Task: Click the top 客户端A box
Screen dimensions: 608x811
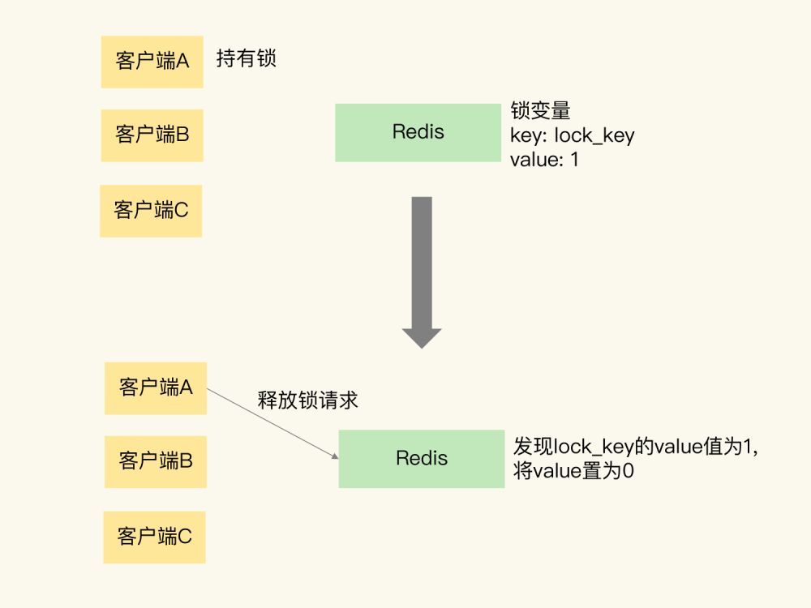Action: point(152,62)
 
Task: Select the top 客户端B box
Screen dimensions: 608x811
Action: point(152,135)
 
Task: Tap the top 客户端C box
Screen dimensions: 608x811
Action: point(151,211)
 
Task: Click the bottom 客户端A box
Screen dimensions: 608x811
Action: point(156,387)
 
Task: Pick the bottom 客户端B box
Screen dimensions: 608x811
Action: point(156,462)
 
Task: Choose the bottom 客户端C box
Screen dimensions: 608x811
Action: point(154,537)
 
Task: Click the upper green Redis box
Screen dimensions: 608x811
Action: point(418,132)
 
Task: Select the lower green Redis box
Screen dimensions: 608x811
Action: point(421,459)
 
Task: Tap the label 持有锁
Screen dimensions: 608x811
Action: point(247,59)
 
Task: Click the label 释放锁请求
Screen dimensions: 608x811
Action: point(307,400)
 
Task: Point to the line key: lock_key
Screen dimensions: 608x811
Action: point(572,135)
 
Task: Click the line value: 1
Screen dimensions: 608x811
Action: point(544,160)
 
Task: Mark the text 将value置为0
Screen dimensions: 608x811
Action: point(573,471)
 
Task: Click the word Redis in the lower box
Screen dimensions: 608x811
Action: point(421,458)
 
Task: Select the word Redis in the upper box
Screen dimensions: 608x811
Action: point(418,132)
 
